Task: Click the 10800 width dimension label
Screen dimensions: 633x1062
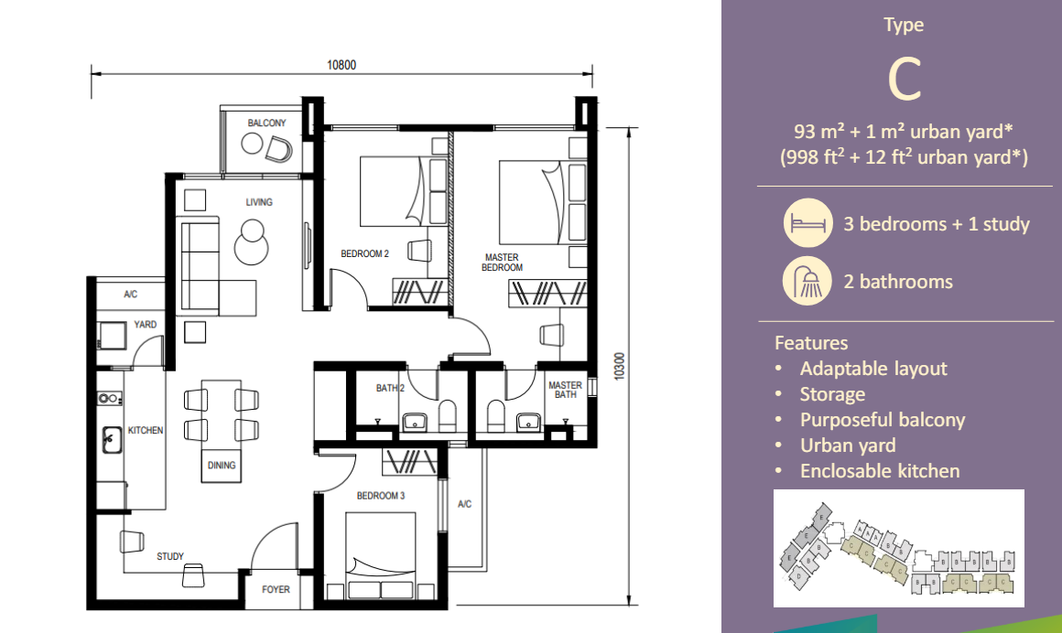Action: (341, 64)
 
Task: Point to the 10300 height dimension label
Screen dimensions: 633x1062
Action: (619, 367)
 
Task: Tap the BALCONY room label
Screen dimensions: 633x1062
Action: (266, 123)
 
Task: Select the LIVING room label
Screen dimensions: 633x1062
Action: (259, 202)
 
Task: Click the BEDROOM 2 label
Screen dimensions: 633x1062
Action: (365, 254)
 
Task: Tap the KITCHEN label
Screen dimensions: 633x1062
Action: (146, 430)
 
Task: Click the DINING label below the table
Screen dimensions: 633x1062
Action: (222, 465)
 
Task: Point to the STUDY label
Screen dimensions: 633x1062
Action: (170, 556)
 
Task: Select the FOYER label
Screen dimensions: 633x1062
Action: (276, 589)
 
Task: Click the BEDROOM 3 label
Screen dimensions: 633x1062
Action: (381, 496)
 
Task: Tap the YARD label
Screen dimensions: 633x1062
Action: (146, 325)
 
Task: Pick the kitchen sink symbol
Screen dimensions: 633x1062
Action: (112, 440)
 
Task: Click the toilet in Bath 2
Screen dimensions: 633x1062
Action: (448, 415)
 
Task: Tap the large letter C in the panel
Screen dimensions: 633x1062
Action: (905, 80)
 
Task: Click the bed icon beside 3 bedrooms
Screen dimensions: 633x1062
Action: (807, 224)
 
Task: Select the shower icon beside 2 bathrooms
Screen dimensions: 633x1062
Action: (807, 282)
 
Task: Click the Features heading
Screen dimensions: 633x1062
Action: (811, 343)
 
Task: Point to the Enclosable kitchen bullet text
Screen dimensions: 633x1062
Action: (880, 471)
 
